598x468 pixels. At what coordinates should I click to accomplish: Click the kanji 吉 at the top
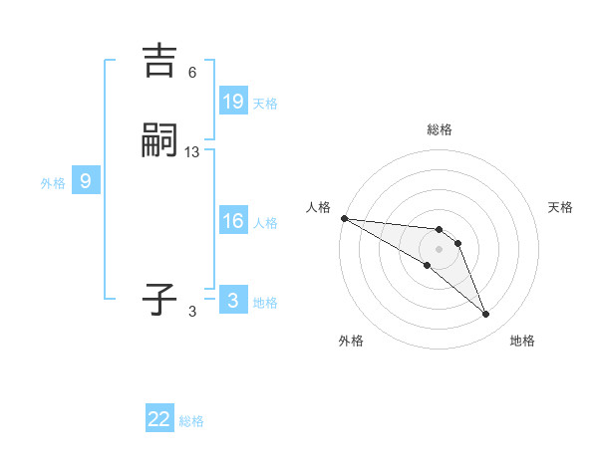click(x=160, y=62)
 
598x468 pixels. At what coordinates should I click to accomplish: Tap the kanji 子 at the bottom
click(x=160, y=299)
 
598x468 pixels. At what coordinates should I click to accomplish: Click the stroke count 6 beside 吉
click(x=192, y=73)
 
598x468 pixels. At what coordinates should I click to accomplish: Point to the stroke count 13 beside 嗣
click(x=192, y=152)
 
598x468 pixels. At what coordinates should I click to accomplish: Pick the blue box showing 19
click(x=233, y=101)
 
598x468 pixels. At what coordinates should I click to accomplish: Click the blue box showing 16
click(x=233, y=221)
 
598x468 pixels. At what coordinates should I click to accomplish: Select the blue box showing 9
click(x=86, y=181)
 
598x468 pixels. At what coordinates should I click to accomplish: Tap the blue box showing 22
click(x=159, y=419)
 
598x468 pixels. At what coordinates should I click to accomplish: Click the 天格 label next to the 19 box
click(x=265, y=104)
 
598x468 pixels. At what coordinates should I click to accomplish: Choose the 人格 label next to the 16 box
click(x=265, y=223)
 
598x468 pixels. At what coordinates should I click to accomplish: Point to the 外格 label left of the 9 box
click(x=53, y=183)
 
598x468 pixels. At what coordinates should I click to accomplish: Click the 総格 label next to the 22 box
click(x=191, y=421)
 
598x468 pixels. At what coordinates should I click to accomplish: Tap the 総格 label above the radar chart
click(x=439, y=129)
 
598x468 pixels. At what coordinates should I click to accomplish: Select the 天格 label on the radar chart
click(x=561, y=207)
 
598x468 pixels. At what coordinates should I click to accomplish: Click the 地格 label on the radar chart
click(x=522, y=341)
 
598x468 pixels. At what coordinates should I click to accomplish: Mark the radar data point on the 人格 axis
click(x=344, y=218)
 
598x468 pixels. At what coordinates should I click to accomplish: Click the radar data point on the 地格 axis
click(x=486, y=315)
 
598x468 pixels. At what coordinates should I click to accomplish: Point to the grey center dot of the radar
click(x=439, y=248)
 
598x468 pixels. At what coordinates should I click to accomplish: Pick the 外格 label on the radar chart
click(x=351, y=341)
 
